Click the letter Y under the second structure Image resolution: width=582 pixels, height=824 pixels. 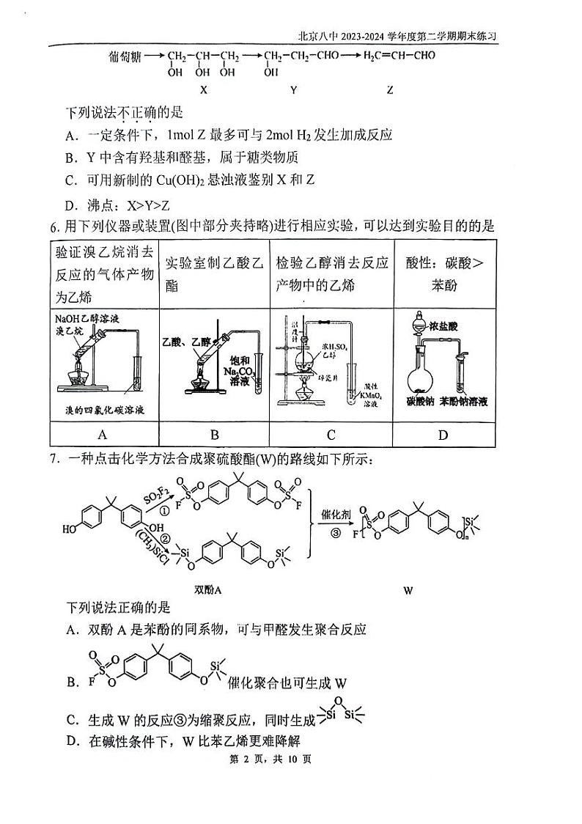point(293,90)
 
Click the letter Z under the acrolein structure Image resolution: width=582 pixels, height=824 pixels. point(389,90)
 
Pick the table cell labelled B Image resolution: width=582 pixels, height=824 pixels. point(215,435)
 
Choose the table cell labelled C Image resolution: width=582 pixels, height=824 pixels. point(331,435)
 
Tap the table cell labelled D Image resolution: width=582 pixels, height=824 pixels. point(443,435)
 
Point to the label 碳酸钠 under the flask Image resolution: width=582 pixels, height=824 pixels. point(421,402)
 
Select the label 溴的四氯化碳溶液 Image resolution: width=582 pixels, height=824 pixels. point(103,409)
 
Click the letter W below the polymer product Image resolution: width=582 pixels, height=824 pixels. point(408,589)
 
